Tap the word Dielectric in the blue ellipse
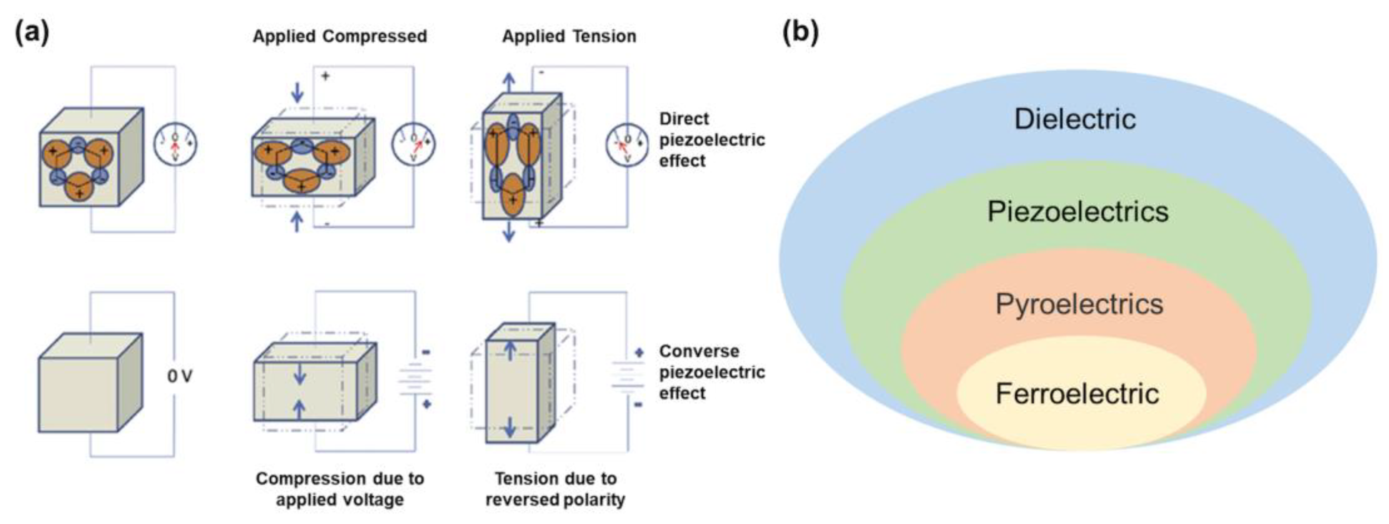click(1074, 119)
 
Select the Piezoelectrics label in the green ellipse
click(1077, 212)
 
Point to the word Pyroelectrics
click(1079, 304)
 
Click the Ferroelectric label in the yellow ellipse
click(1077, 394)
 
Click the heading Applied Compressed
click(340, 37)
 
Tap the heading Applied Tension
click(569, 37)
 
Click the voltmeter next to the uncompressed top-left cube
click(175, 144)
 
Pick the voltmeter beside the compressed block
click(413, 144)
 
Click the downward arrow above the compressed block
click(297, 92)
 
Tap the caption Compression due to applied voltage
click(340, 489)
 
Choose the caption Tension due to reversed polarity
click(555, 489)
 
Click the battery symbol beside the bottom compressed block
click(415, 379)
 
